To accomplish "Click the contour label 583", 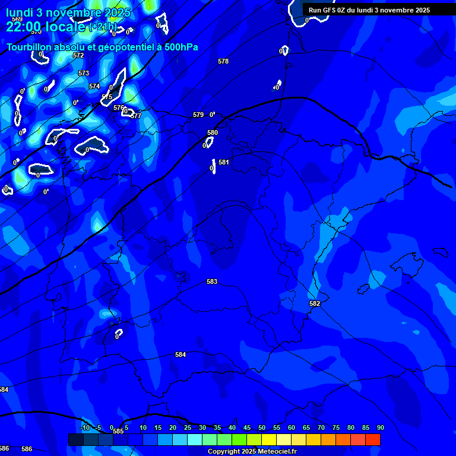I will click(x=212, y=281).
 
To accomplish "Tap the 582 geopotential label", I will click(x=315, y=303).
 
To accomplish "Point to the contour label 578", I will click(x=223, y=61).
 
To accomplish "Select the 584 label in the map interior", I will click(x=180, y=354).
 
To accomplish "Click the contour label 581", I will click(x=224, y=162).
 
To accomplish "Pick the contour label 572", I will click(x=78, y=55).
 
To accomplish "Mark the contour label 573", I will click(x=84, y=73).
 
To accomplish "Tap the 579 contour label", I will click(x=198, y=115).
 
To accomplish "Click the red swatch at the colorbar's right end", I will click(x=373, y=439).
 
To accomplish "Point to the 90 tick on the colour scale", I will click(x=380, y=427).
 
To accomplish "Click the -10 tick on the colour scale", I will click(x=84, y=427).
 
